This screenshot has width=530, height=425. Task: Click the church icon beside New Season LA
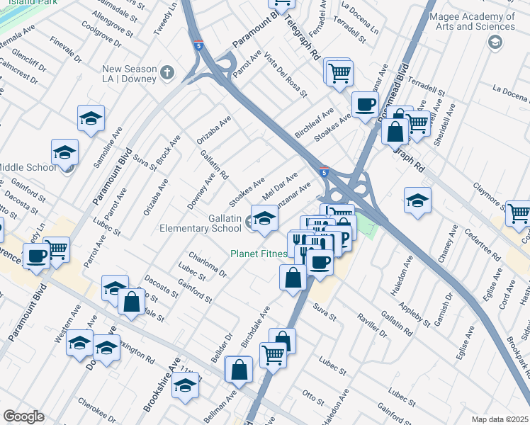pos(167,72)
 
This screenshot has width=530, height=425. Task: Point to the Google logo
pos(23,416)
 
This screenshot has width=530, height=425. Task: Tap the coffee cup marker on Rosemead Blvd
pos(365,105)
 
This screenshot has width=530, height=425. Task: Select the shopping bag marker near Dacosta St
pos(132,302)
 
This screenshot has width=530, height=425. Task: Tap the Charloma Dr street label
pos(207,263)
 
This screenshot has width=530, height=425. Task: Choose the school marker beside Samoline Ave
pos(91,120)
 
